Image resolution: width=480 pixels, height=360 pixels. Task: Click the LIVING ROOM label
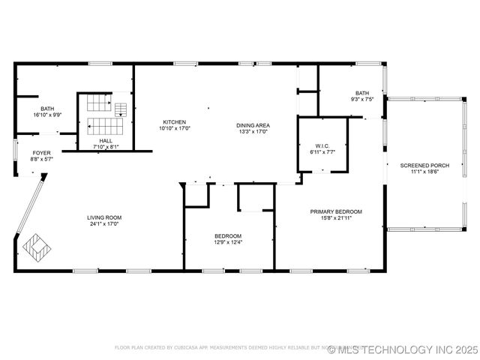105,217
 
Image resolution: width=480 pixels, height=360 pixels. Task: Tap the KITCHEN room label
174,122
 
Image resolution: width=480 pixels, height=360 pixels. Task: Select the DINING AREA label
253,125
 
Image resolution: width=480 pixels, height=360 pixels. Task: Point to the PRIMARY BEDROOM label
336,211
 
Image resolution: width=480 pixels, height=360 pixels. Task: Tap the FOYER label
41,153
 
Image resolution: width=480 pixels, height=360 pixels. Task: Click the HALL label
106,140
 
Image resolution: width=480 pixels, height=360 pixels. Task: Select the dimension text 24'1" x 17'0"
105,223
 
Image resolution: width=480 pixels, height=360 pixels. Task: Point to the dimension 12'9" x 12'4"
228,241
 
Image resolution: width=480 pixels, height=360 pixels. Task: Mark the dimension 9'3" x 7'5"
362,99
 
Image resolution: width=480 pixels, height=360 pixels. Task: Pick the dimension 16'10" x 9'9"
47,114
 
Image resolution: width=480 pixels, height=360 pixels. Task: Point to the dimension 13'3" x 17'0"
253,131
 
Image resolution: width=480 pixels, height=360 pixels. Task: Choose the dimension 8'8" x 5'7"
41,159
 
